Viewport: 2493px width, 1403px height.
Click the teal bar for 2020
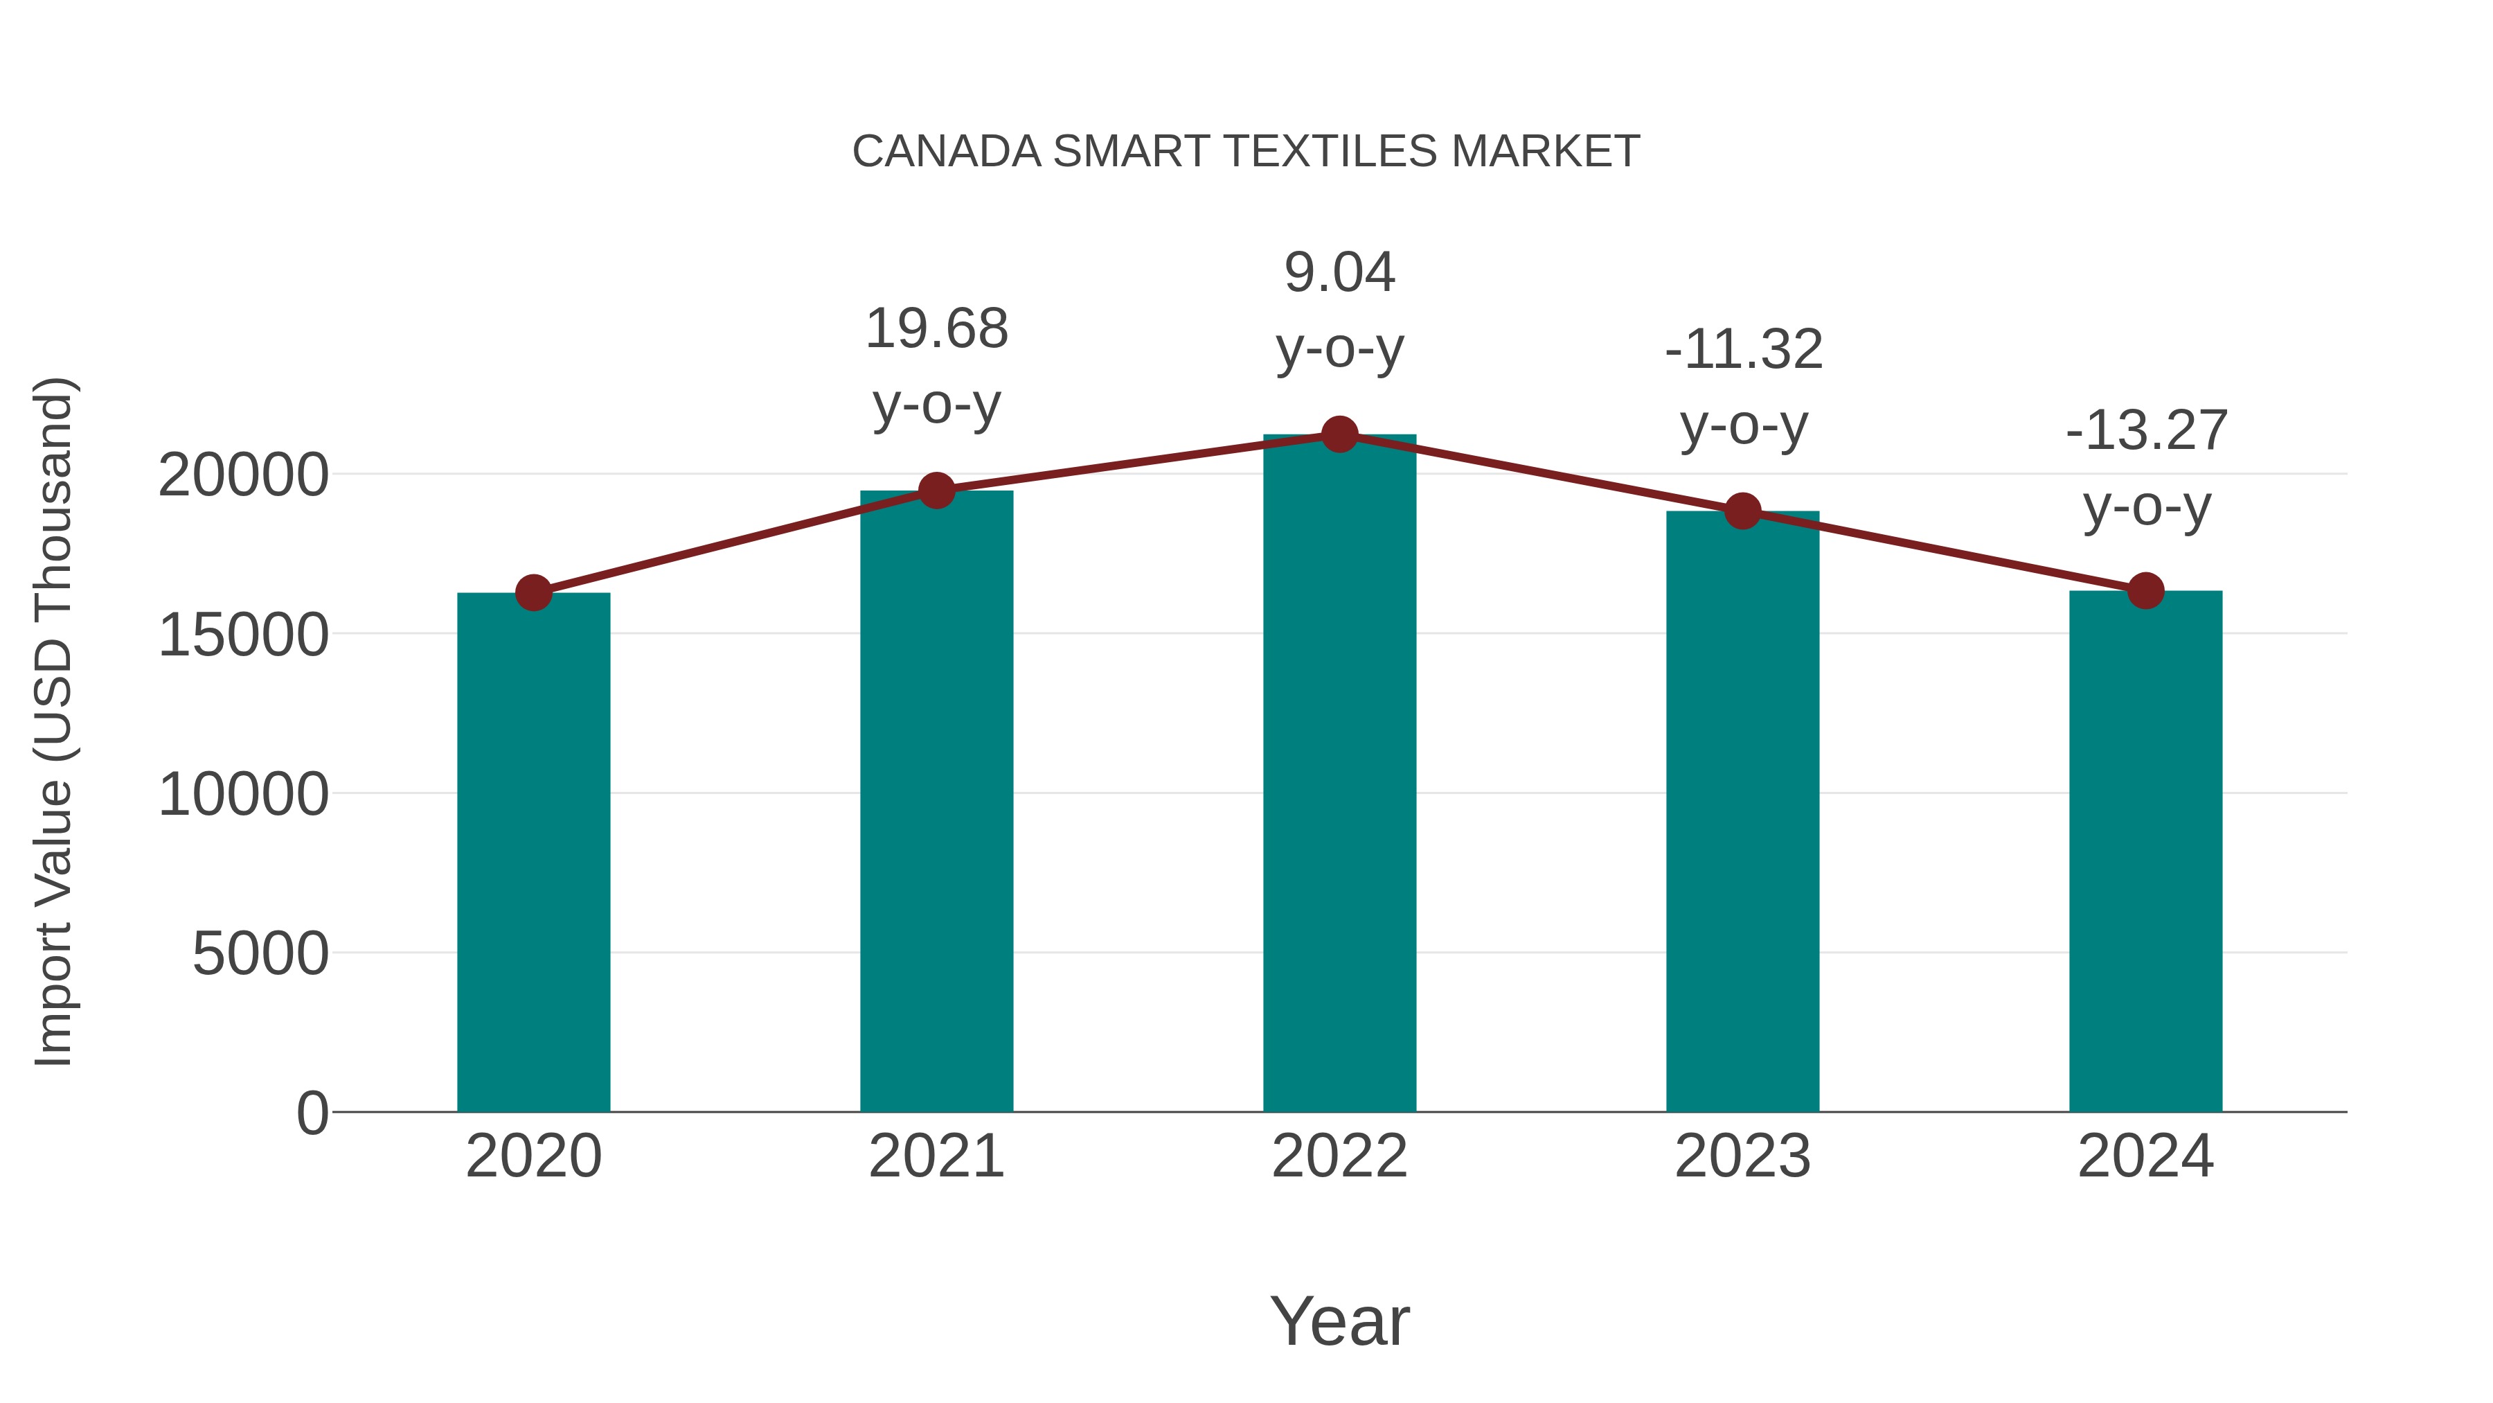point(533,852)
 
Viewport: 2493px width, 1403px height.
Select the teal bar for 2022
point(1339,775)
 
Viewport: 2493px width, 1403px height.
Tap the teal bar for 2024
point(2145,852)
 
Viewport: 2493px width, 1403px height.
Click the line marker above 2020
point(533,592)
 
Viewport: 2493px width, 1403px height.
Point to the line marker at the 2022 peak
point(1339,434)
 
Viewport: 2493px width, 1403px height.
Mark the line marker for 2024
point(2145,590)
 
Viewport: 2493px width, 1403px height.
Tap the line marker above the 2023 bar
point(1742,511)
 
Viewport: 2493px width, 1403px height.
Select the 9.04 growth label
point(1339,272)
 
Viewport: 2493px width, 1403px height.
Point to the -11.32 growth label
point(1743,350)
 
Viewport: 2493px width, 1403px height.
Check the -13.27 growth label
point(2147,431)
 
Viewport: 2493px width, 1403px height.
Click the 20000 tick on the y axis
point(243,475)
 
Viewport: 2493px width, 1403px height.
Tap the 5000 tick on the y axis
point(260,954)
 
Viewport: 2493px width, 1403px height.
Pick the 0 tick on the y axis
point(312,1113)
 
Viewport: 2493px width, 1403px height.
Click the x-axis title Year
point(1339,1321)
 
